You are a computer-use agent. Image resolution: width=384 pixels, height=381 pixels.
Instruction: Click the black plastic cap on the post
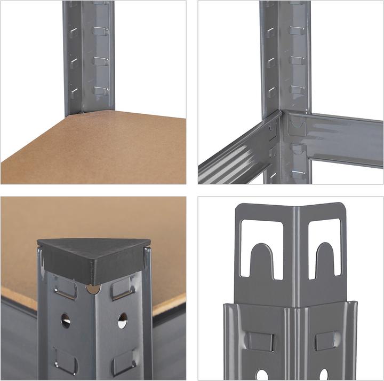coord(93,261)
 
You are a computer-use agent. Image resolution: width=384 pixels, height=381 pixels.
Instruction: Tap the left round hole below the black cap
coord(66,320)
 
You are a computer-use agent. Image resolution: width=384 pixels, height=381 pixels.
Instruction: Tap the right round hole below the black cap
coord(122,320)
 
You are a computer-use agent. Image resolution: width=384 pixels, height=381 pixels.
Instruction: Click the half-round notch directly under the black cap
coord(93,289)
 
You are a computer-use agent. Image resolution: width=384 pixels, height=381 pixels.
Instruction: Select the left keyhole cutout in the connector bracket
coord(261,248)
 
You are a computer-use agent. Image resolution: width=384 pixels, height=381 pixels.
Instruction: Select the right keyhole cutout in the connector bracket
coord(324,248)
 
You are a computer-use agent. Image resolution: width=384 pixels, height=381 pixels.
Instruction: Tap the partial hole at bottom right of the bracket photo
coord(324,375)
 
